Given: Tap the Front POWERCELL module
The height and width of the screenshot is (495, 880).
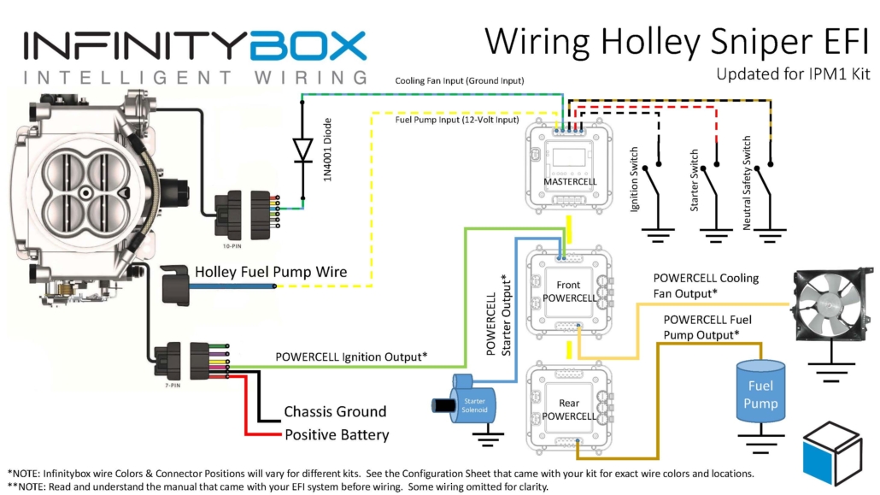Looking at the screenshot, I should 568,291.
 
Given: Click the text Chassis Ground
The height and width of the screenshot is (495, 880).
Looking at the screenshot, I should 335,411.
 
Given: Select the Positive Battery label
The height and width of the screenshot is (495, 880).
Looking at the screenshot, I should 337,434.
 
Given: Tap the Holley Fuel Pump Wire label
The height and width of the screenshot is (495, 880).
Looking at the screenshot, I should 271,272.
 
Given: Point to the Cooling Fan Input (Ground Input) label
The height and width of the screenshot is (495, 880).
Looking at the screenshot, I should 459,80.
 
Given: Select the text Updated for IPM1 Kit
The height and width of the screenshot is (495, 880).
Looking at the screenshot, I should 793,74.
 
